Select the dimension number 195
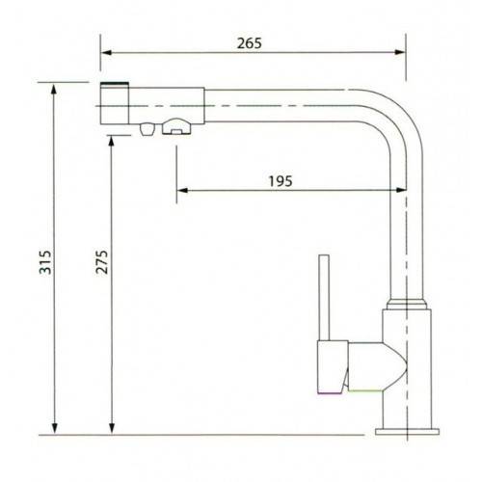[x=281, y=180]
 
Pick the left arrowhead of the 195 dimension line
[x=179, y=190]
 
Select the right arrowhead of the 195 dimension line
[x=398, y=190]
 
